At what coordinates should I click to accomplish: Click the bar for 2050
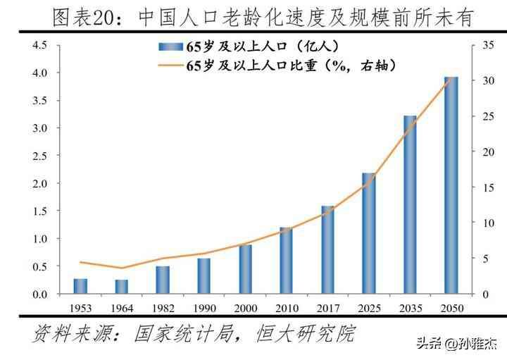451,185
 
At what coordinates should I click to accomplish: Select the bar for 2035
410,204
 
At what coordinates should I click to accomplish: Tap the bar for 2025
369,233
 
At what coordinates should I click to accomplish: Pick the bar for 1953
80,286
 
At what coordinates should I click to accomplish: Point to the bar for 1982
163,280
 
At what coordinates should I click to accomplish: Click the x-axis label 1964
122,308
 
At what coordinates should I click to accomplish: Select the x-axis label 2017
327,308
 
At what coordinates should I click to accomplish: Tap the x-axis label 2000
245,308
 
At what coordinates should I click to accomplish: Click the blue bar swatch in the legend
171,48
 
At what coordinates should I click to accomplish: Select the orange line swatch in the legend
171,66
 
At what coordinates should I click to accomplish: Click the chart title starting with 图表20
253,15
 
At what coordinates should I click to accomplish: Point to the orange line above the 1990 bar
204,253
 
